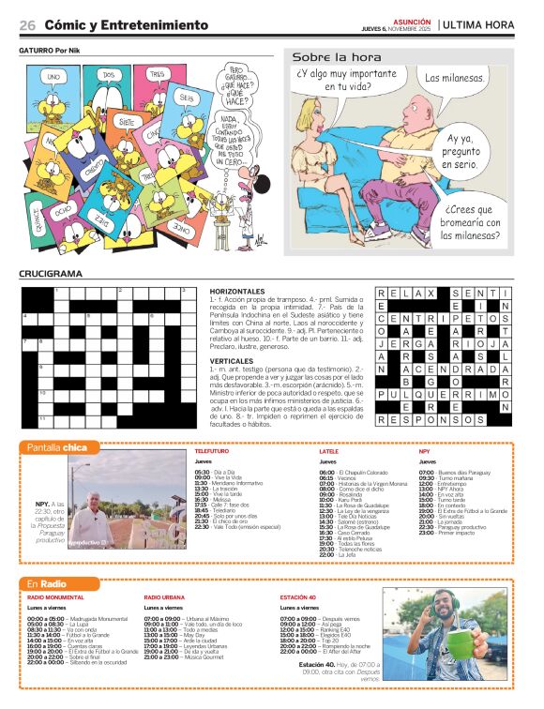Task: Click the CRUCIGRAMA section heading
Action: [x=51, y=274]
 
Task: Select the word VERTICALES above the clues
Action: [x=232, y=360]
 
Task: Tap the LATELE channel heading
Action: [x=328, y=451]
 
